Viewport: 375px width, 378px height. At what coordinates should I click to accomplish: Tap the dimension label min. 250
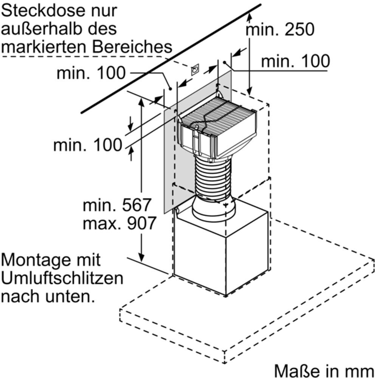click(x=280, y=29)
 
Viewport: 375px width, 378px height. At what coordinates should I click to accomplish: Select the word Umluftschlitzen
click(x=62, y=279)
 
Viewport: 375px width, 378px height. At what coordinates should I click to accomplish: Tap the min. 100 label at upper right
click(x=295, y=61)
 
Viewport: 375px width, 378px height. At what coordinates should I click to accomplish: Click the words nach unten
click(x=47, y=296)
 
